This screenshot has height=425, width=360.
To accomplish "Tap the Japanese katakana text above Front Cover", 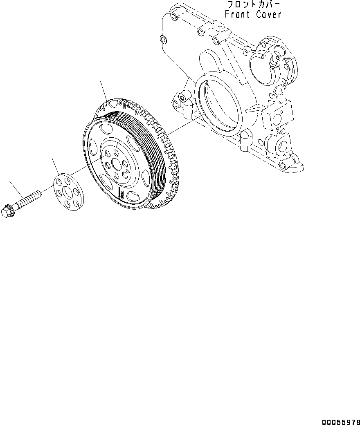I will (x=254, y=5).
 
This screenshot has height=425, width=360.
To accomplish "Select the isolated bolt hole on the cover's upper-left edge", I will (x=163, y=40).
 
